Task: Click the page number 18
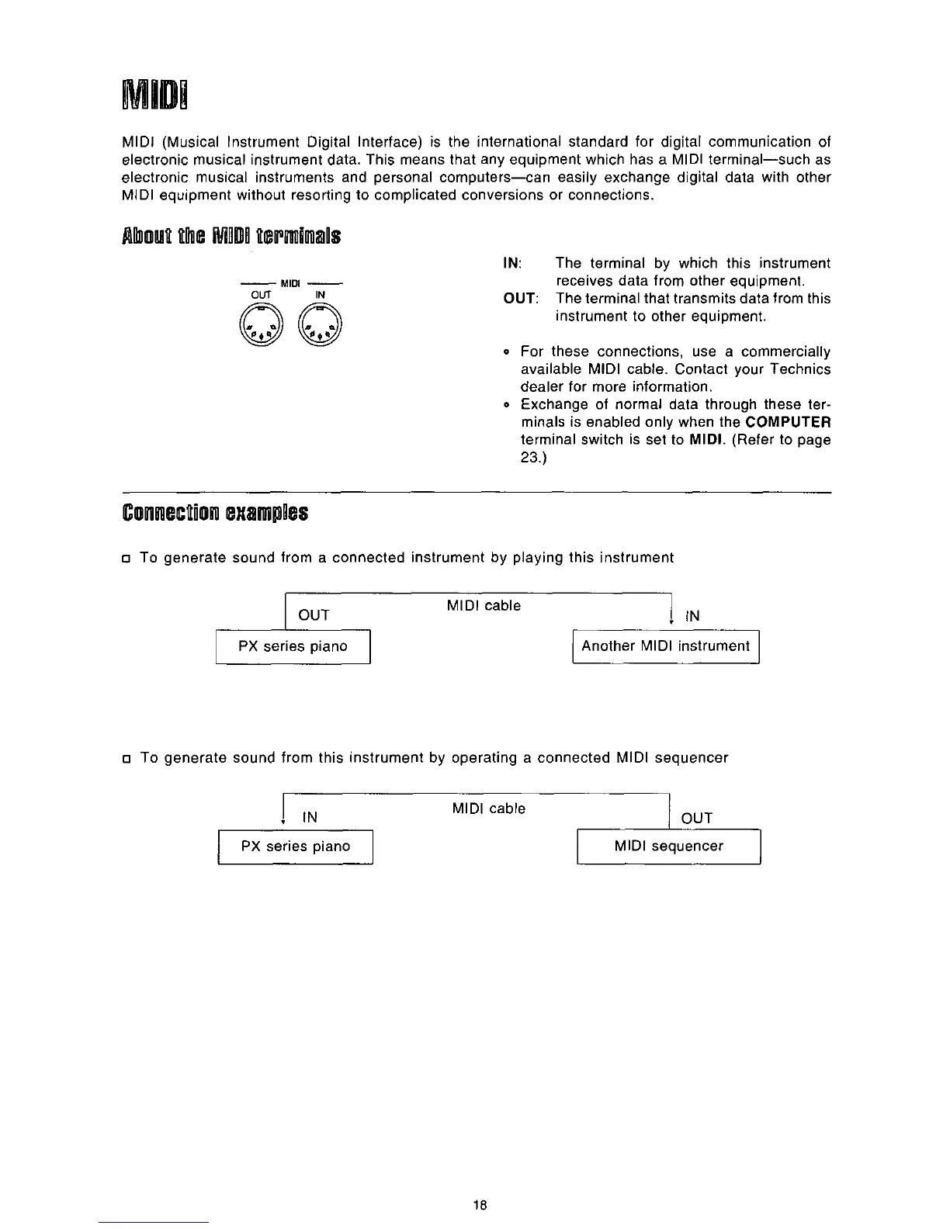click(x=480, y=1205)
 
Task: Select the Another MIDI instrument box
click(x=665, y=646)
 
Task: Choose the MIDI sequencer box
click(x=668, y=846)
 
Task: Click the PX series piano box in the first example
click(x=293, y=647)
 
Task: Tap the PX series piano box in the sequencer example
click(x=296, y=846)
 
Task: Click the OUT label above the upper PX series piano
click(x=314, y=615)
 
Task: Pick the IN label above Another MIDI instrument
click(x=692, y=616)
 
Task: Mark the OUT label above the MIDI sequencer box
click(x=696, y=818)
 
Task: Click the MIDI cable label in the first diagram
click(x=484, y=606)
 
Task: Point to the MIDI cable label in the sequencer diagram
click(x=488, y=808)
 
